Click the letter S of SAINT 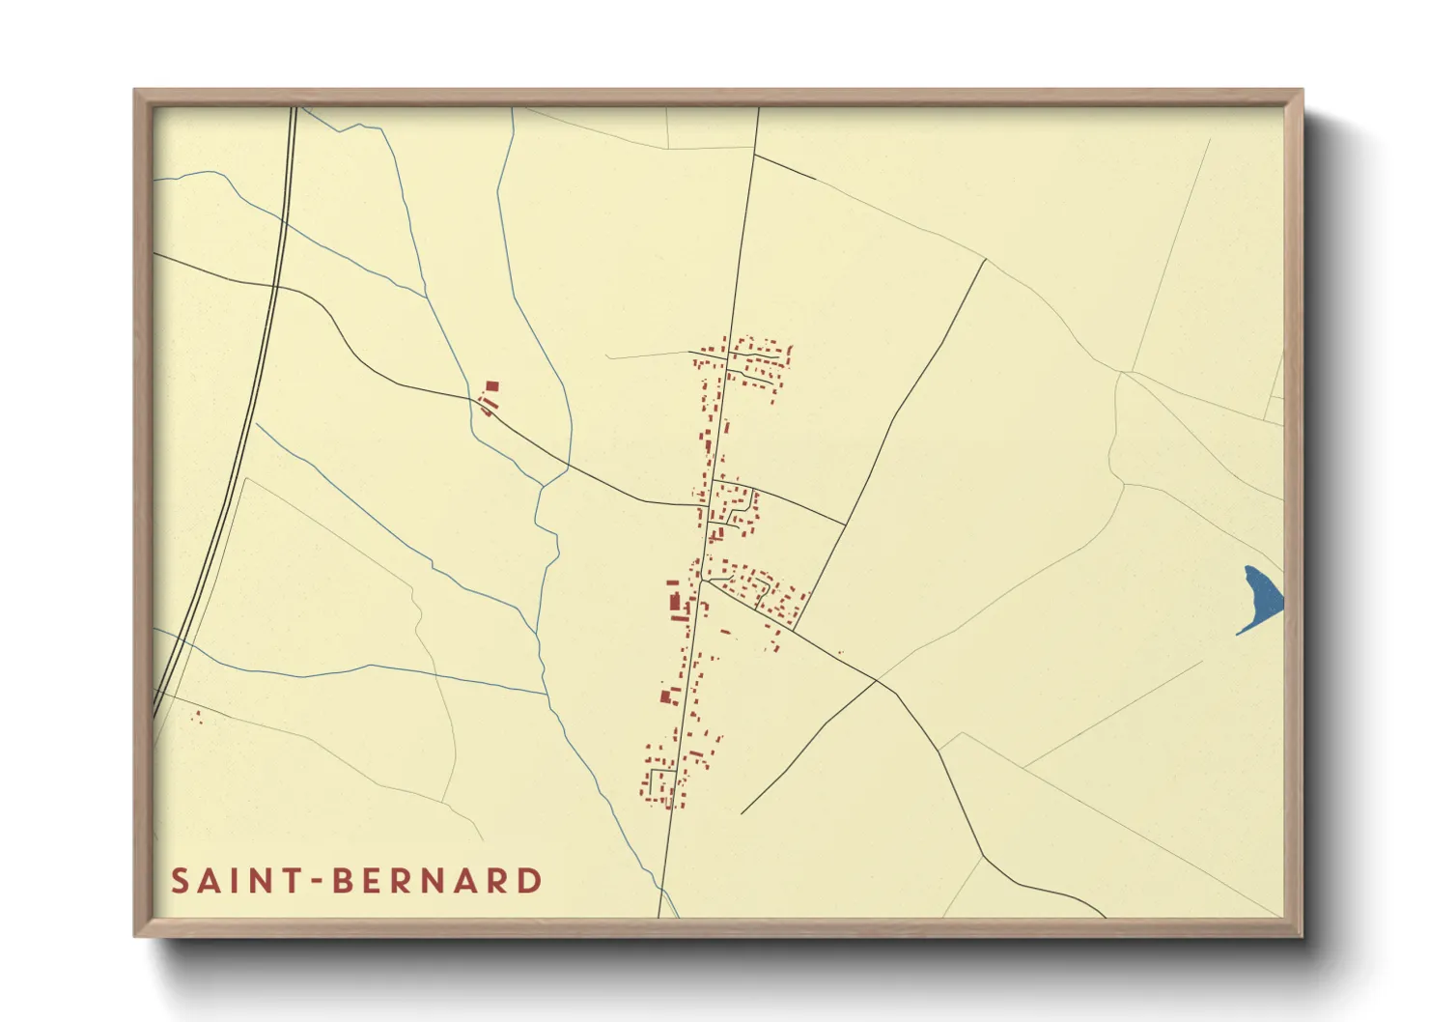click(180, 881)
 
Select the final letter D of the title click(530, 881)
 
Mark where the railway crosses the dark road click(276, 287)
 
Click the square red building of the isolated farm click(492, 386)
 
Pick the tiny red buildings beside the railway click(197, 717)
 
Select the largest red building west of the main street click(675, 602)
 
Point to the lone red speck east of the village click(840, 653)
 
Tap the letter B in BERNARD click(343, 881)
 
